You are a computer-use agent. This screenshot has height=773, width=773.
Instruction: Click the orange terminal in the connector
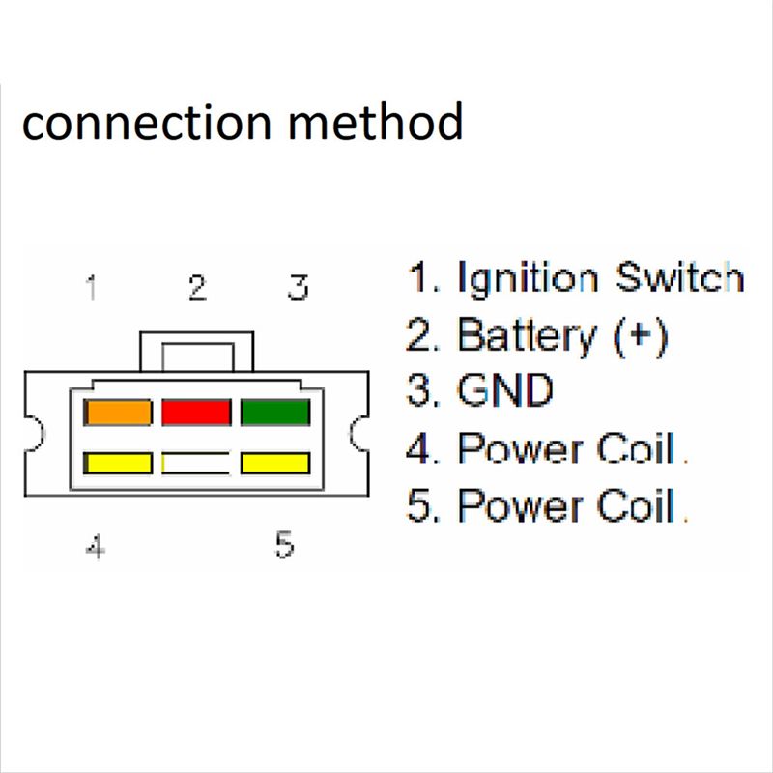click(119, 413)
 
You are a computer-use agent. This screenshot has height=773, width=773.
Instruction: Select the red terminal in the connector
click(196, 413)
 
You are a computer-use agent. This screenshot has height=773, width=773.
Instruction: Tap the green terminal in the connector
click(274, 413)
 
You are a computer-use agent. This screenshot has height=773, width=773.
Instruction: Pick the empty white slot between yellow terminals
click(196, 463)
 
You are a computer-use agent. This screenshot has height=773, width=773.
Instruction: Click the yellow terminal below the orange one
click(119, 463)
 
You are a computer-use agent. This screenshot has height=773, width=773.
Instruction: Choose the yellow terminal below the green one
click(274, 463)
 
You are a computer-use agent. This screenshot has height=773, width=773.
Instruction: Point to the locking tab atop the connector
click(196, 351)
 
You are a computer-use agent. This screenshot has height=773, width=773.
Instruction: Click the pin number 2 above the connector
click(197, 288)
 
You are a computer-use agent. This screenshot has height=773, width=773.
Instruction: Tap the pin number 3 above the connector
click(299, 287)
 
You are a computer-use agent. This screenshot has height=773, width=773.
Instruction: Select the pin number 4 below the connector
click(95, 548)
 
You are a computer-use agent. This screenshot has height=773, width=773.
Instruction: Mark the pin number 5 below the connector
click(284, 545)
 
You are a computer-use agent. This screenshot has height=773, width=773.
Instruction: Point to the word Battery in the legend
click(527, 335)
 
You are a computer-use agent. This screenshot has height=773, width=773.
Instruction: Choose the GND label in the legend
click(504, 391)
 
